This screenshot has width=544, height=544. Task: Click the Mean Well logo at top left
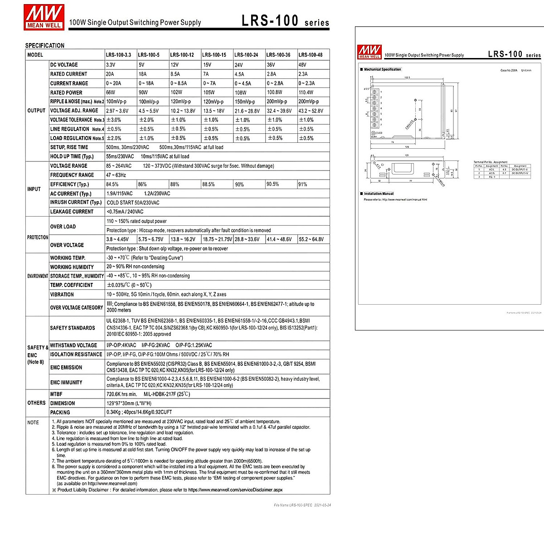(x=44, y=17)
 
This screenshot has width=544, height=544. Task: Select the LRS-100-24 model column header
(x=246, y=55)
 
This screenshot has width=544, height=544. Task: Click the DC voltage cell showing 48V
(x=302, y=65)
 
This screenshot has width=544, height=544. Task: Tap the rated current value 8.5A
(x=175, y=74)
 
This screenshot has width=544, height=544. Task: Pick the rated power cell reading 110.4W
(x=306, y=92)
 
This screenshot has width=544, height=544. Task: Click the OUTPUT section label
(x=36, y=111)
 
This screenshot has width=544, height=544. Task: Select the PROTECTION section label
(x=37, y=238)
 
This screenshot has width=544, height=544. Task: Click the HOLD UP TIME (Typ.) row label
(x=72, y=156)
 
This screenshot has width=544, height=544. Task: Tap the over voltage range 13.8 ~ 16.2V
(x=183, y=239)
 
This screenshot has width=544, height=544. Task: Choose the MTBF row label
(x=56, y=394)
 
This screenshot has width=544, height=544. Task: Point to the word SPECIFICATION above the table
(x=44, y=45)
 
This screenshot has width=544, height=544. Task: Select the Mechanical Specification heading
(x=382, y=69)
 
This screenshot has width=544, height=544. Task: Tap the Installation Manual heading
(x=379, y=194)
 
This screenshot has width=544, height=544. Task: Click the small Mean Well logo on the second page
(x=369, y=52)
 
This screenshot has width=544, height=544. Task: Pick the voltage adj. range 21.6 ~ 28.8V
(x=247, y=111)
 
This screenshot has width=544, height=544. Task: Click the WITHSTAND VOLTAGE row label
(x=73, y=345)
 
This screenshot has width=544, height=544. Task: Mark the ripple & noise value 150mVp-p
(x=245, y=102)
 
